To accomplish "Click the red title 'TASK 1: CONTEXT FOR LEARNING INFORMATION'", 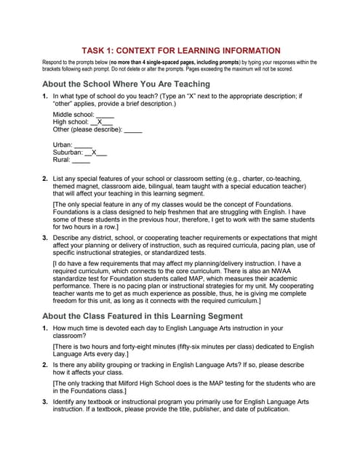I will tap(180, 50).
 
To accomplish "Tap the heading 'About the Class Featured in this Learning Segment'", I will tap(143, 316).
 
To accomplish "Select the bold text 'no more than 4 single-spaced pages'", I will tap(164, 62).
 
